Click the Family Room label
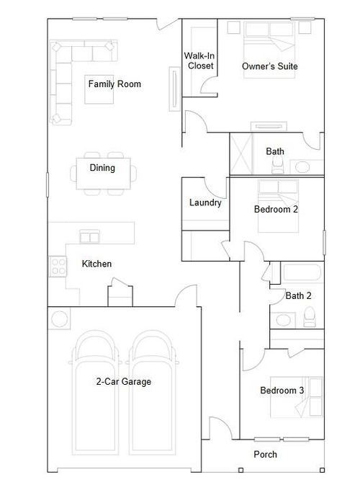(x=114, y=84)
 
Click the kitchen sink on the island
(x=90, y=236)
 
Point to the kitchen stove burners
(x=57, y=267)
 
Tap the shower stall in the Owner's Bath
(x=246, y=154)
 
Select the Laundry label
(x=204, y=203)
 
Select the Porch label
(x=265, y=455)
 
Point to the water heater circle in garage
(x=58, y=318)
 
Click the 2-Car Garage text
(x=124, y=382)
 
